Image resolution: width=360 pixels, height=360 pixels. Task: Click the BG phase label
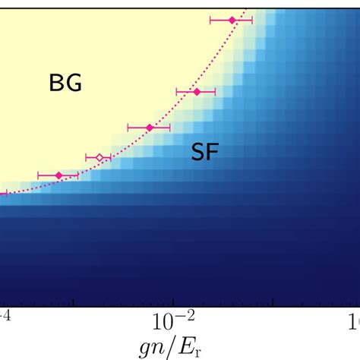pyautogui.click(x=65, y=84)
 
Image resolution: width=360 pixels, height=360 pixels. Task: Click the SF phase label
pyautogui.click(x=204, y=153)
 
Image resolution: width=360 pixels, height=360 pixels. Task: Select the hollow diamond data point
pyautogui.click(x=99, y=158)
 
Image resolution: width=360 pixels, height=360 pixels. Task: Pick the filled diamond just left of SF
pyautogui.click(x=150, y=127)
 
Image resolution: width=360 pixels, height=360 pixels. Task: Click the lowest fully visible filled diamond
pyautogui.click(x=58, y=175)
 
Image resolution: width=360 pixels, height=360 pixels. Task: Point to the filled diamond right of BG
pyautogui.click(x=196, y=92)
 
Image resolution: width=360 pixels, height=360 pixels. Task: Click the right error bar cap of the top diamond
pyautogui.click(x=252, y=21)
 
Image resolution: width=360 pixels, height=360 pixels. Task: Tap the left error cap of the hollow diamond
pyautogui.click(x=87, y=158)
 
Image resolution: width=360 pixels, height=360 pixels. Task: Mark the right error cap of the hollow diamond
pyautogui.click(x=111, y=158)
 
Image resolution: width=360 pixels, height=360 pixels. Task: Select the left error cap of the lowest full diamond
pyautogui.click(x=38, y=175)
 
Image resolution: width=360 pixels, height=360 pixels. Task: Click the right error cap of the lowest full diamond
pyautogui.click(x=77, y=175)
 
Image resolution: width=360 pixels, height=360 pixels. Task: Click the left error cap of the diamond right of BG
pyautogui.click(x=176, y=92)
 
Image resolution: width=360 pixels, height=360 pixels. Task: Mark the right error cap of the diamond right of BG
pyautogui.click(x=215, y=92)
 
